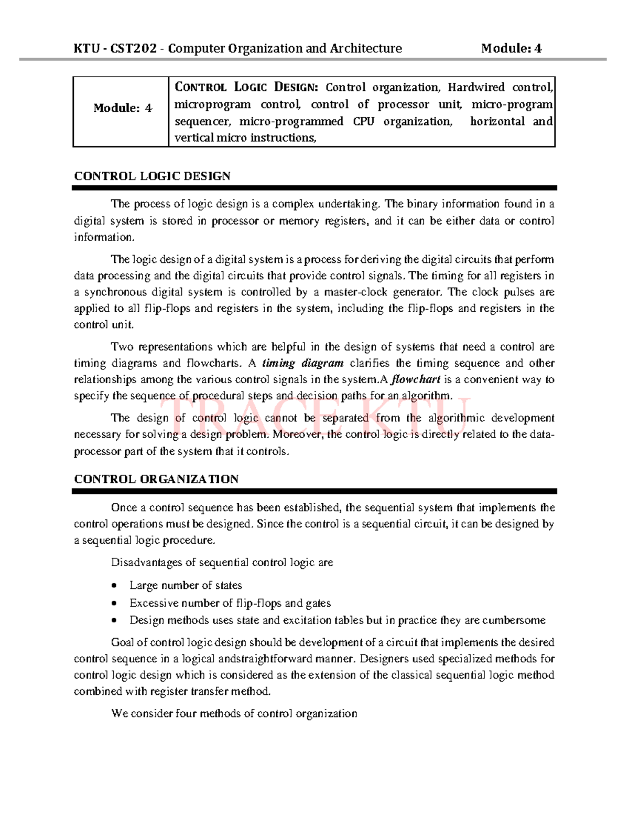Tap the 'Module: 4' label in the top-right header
511,49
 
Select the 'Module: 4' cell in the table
122,108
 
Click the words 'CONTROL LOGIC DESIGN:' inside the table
245,87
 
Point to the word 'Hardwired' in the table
476,87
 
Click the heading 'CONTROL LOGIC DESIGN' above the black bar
152,176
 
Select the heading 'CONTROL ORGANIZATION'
156,479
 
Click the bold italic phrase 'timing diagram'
302,363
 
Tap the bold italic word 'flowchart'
416,379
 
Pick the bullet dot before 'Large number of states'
114,586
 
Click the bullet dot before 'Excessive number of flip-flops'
114,604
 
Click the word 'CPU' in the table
363,122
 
